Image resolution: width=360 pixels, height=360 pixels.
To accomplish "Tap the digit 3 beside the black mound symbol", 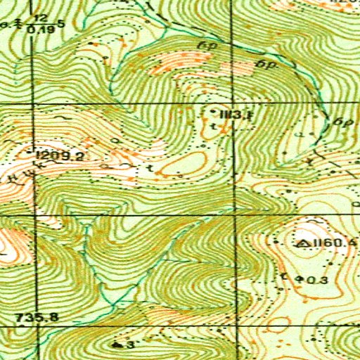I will click(x=131, y=345).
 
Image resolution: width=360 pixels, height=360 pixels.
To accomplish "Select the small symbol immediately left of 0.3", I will click(x=302, y=280).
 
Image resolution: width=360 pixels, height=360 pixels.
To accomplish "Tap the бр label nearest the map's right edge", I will click(x=344, y=121).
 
